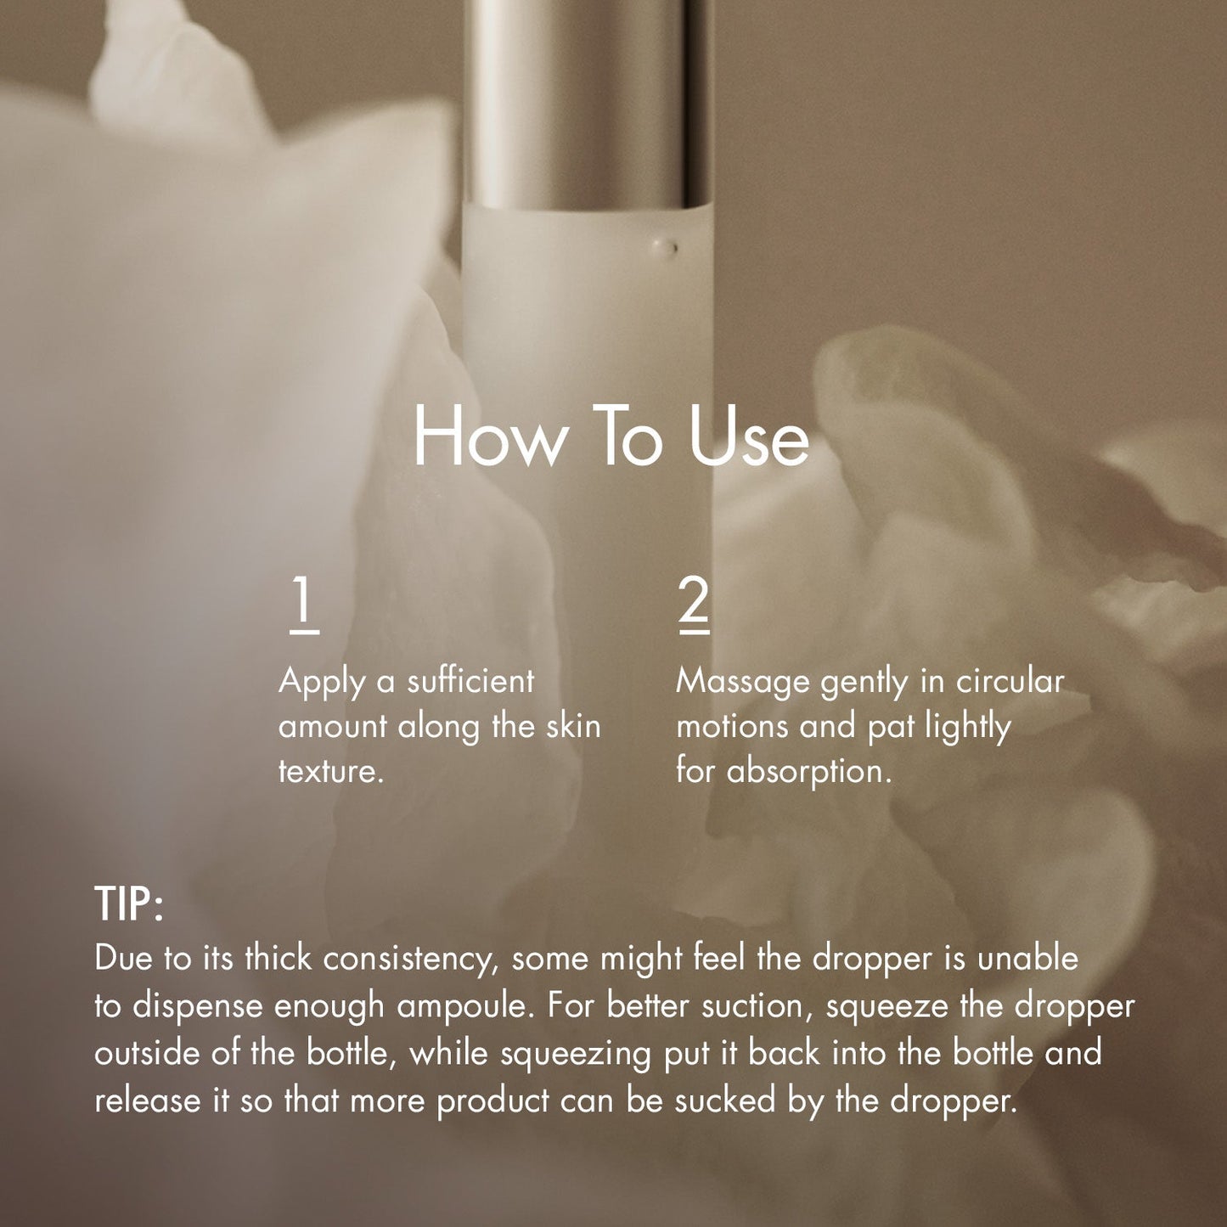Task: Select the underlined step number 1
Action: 304,605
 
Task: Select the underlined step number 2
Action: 694,605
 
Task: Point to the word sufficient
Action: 470,681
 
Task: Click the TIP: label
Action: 129,903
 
